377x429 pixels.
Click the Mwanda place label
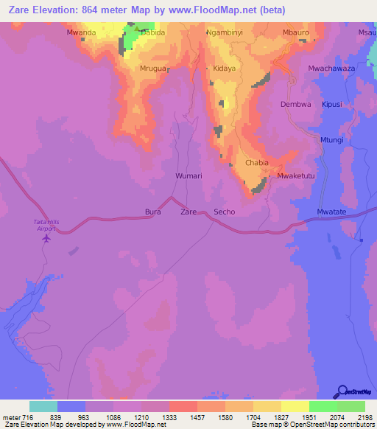81,33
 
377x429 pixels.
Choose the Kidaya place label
225,68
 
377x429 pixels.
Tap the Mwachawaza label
332,68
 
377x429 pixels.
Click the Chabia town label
257,163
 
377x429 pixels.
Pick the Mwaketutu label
295,176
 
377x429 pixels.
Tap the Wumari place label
188,176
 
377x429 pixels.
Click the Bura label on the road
152,212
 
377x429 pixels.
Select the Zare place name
188,212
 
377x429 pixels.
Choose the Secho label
224,212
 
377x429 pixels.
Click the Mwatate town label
331,212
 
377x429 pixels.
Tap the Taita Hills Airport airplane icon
48,238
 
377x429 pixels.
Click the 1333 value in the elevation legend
182,417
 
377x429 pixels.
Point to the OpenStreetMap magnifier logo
341,391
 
